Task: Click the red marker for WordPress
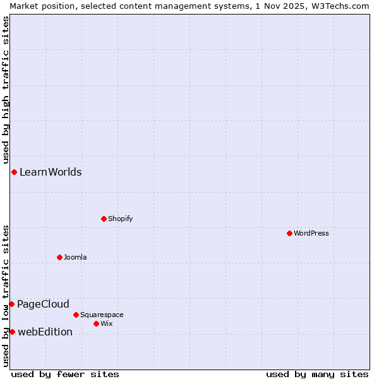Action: click(289, 233)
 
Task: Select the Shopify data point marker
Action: click(104, 219)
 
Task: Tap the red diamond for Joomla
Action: click(59, 257)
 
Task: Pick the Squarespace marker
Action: click(76, 315)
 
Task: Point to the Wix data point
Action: click(96, 323)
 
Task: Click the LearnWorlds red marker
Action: click(14, 172)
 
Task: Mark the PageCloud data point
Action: click(11, 304)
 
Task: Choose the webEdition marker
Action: click(12, 332)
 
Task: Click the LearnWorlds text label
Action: click(51, 172)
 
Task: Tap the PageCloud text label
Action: click(43, 304)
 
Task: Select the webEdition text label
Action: click(45, 332)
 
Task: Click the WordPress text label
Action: click(311, 233)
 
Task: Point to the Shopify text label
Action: click(120, 219)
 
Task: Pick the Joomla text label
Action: click(75, 257)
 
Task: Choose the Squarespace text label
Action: click(102, 315)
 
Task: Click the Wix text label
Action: click(106, 323)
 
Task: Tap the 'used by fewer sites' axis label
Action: click(65, 374)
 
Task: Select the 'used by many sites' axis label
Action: click(317, 374)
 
